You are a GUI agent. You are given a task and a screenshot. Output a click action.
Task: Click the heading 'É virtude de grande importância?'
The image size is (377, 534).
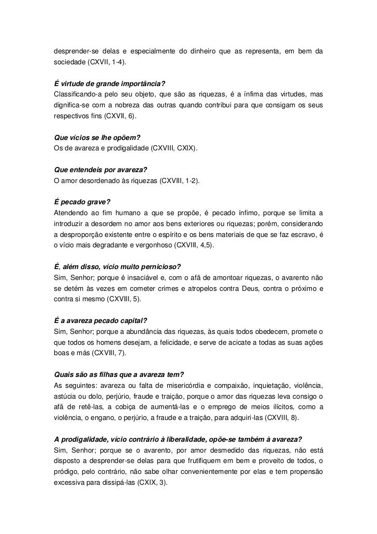tap(109, 84)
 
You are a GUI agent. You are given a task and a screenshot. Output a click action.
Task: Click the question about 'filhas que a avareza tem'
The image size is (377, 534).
tap(119, 375)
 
